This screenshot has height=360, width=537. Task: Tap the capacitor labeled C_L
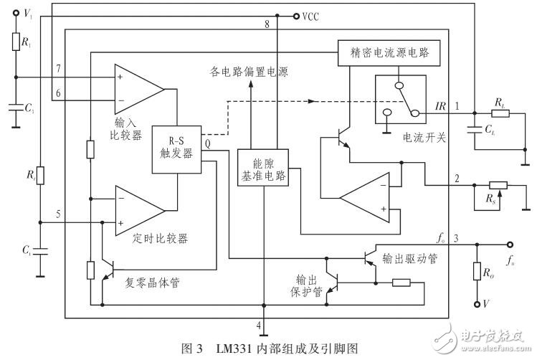(474, 131)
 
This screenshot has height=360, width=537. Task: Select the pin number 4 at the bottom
(258, 324)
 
